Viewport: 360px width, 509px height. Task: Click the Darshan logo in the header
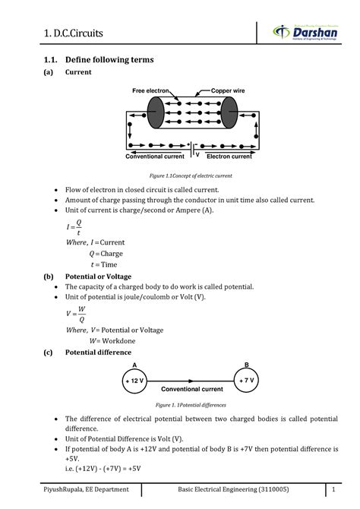pos(305,32)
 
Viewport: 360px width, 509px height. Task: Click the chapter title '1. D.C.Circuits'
pos(74,33)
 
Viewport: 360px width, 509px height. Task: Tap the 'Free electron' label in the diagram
pos(150,90)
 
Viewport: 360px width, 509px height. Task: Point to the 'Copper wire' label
pos(228,90)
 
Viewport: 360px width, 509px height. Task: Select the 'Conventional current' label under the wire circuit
pos(155,156)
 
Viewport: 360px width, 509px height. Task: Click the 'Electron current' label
pos(229,156)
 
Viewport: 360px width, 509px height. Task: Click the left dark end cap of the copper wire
pos(156,112)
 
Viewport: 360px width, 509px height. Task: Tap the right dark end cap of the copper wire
pos(229,112)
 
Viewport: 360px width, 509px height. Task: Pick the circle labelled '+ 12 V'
pos(134,381)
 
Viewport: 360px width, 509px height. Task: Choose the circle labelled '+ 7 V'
pos(246,381)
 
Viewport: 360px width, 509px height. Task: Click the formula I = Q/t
pos(74,227)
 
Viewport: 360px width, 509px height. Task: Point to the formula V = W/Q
pos(76,315)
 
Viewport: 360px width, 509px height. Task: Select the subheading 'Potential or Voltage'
pos(99,277)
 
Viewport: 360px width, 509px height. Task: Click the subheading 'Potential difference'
pos(99,353)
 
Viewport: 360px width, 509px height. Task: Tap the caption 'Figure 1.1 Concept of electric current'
pos(191,176)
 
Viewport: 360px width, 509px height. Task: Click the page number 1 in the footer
pos(333,489)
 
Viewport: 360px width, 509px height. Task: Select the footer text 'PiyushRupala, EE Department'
pos(86,489)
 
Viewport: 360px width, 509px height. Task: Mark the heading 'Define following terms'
pos(109,60)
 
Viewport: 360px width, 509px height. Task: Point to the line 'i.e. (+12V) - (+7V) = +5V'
pos(103,469)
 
